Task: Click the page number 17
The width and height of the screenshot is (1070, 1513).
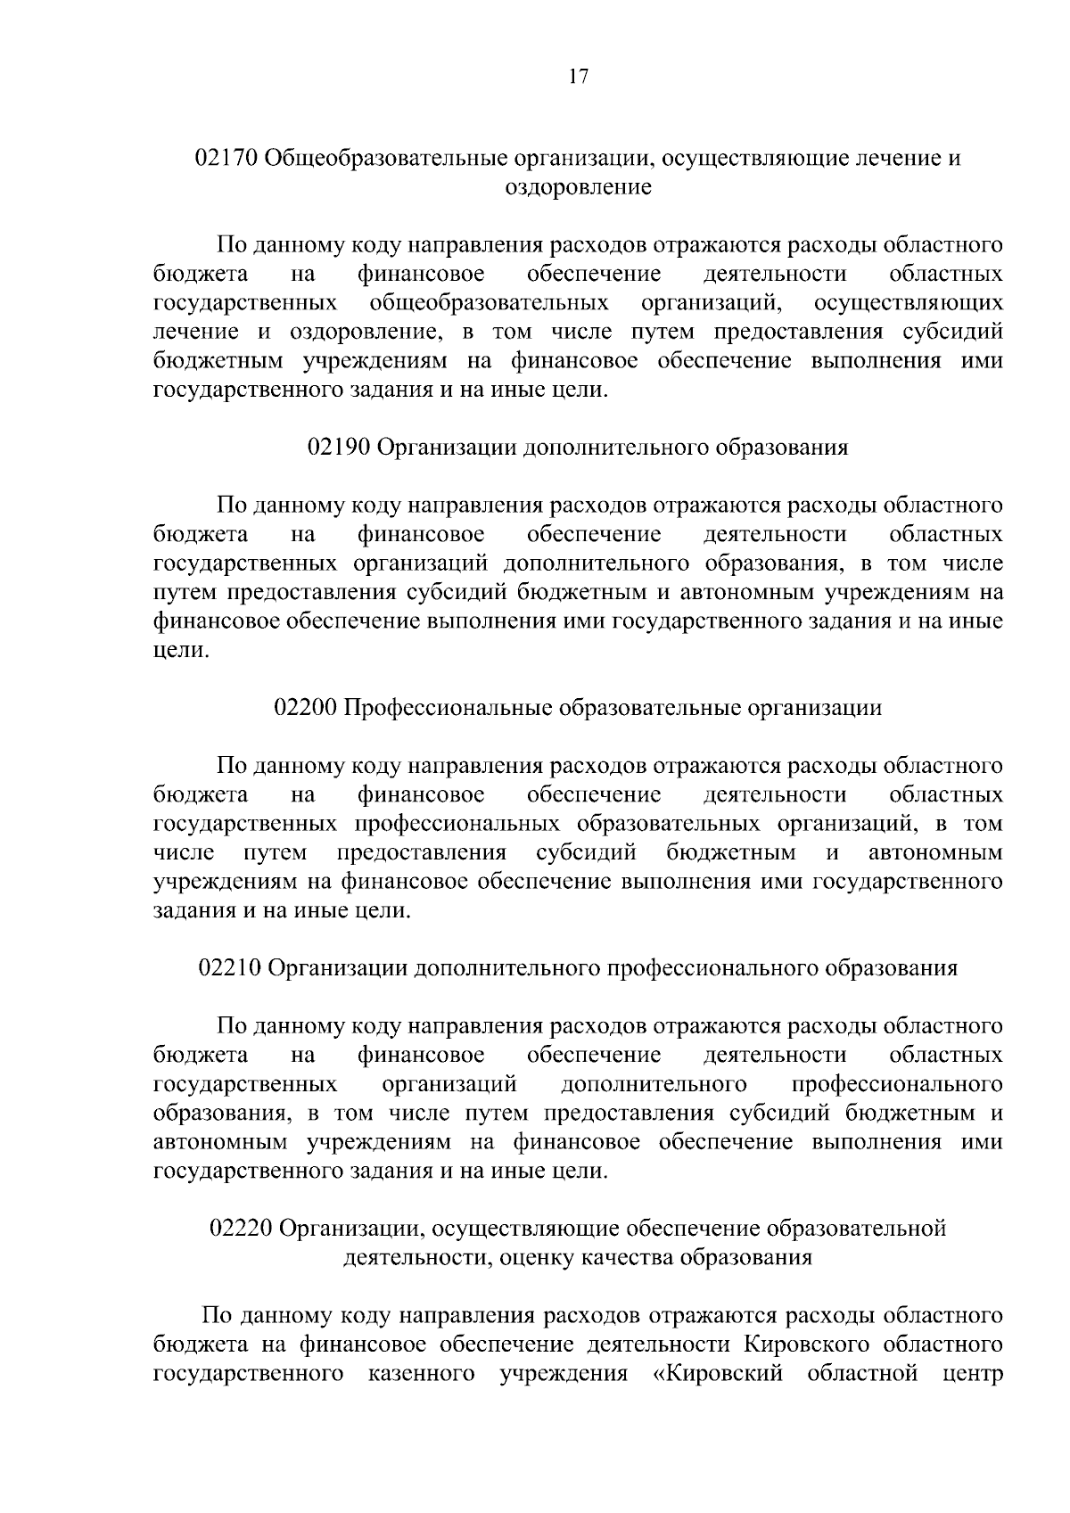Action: click(578, 77)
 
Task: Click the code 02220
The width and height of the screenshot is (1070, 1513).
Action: click(240, 1229)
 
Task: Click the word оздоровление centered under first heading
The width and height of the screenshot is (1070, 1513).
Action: click(578, 188)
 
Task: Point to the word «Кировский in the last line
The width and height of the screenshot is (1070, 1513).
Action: click(720, 1373)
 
